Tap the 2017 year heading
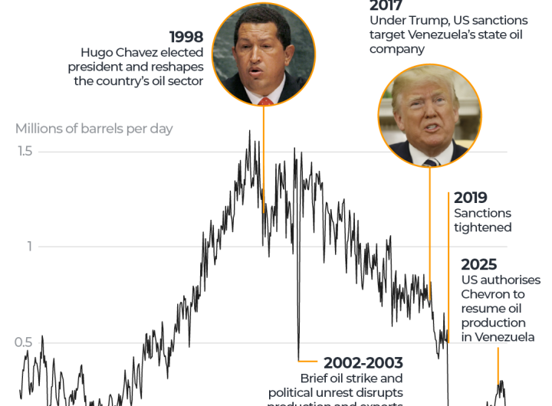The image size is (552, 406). click(x=386, y=6)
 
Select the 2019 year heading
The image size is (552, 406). click(x=470, y=198)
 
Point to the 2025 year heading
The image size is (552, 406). click(x=478, y=264)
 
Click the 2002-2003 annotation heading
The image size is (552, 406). click(x=363, y=362)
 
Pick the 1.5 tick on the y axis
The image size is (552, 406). click(x=25, y=151)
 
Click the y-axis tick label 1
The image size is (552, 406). click(x=31, y=246)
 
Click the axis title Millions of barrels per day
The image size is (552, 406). click(x=94, y=128)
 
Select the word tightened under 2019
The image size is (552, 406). click(x=482, y=228)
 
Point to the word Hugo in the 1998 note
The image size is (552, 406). click(x=97, y=53)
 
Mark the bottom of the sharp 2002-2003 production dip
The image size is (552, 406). click(x=299, y=359)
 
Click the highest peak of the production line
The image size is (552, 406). click(x=249, y=131)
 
